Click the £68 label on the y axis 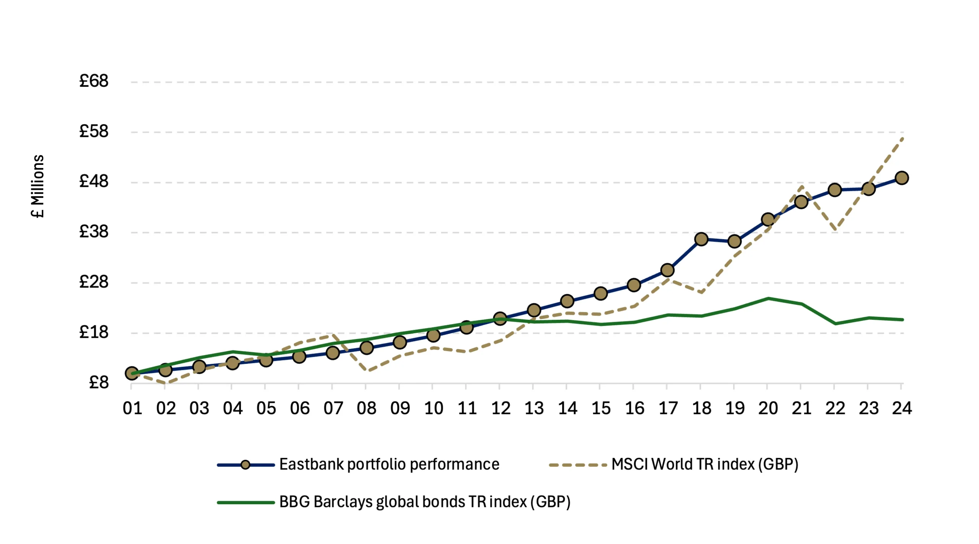tap(94, 81)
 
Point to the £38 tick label tap(94, 231)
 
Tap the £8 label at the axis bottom tap(99, 382)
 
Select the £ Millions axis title tap(38, 186)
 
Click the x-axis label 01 tap(132, 409)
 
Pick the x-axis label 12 tap(501, 409)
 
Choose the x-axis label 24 tap(902, 409)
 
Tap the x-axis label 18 tap(701, 409)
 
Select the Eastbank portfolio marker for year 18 tap(701, 239)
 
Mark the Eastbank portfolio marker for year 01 tap(132, 373)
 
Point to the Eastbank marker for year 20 tap(768, 220)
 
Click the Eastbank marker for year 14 tap(567, 301)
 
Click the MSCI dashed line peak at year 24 tap(903, 138)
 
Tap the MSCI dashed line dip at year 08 tap(366, 371)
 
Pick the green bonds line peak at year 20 tap(768, 298)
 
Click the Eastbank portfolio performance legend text tap(389, 464)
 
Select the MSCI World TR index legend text tap(704, 464)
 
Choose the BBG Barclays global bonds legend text tap(424, 502)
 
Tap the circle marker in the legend tap(246, 465)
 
